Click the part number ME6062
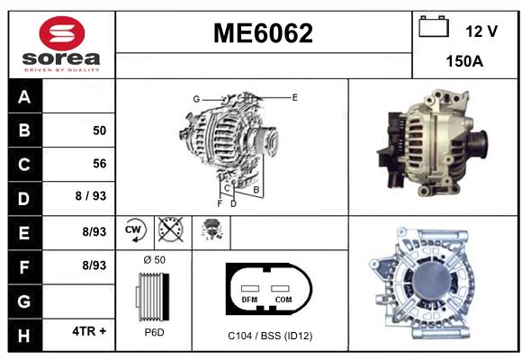point(263,33)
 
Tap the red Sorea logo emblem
point(62,33)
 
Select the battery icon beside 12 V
point(434,27)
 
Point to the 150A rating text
point(464,61)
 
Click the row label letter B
point(24,130)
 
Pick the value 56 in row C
point(100,164)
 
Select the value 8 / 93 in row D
point(91,196)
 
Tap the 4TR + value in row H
point(89,331)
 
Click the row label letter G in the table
point(24,301)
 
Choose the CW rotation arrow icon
point(135,229)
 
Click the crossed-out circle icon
point(171,229)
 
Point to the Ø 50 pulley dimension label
point(155,260)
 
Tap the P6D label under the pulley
point(155,332)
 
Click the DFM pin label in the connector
point(249,300)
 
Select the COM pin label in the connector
point(283,300)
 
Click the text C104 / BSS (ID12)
point(270,336)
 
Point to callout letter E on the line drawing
point(294,97)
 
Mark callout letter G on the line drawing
point(196,99)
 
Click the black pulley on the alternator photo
point(479,145)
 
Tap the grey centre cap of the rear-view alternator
point(432,279)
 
